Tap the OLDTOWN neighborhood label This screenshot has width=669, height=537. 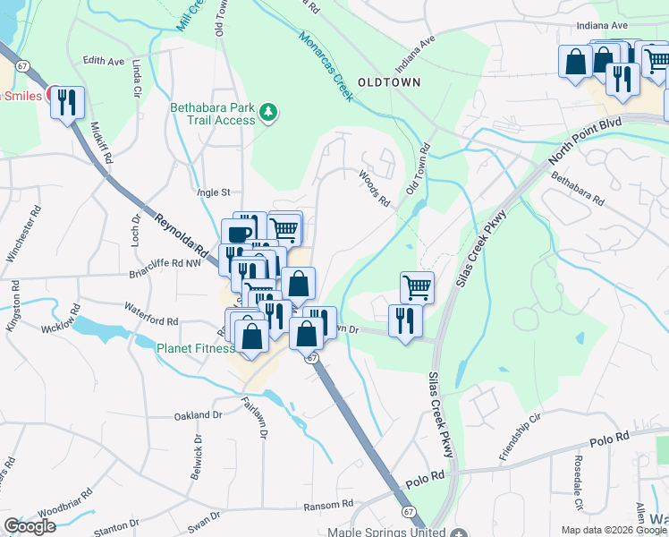click(388, 81)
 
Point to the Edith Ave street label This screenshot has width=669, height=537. click(103, 61)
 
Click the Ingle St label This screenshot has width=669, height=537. click(214, 192)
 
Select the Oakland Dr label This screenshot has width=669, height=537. click(199, 415)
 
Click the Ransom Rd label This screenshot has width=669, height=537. click(329, 505)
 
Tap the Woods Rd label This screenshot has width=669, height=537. click(376, 189)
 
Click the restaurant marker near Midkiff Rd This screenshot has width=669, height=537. click(67, 103)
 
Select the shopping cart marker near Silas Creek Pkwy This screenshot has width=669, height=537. click(417, 287)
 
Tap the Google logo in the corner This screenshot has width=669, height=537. click(30, 526)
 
